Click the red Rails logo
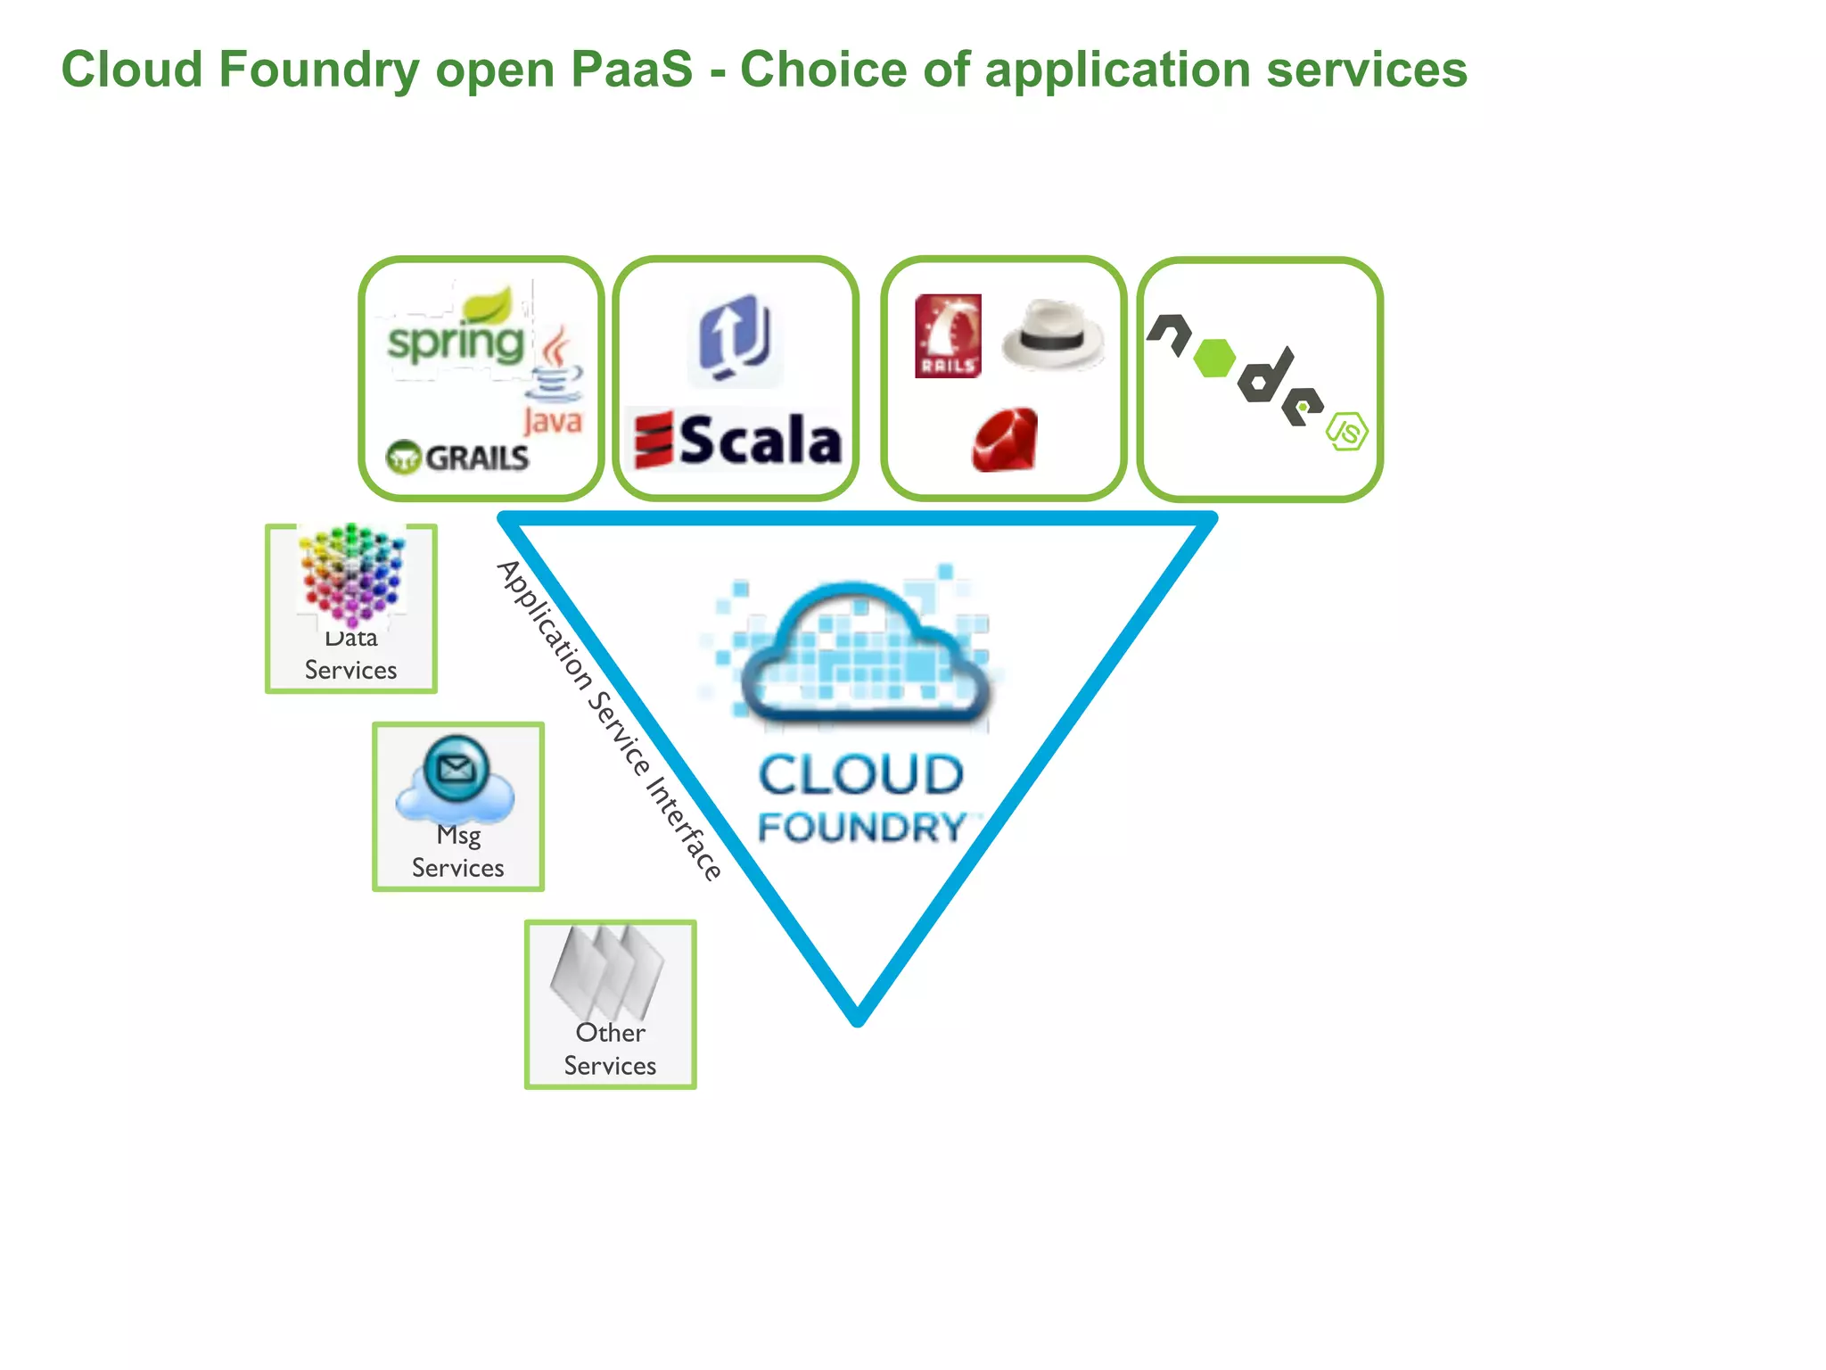pos(948,336)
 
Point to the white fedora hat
pos(1053,336)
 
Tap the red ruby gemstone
pos(1006,440)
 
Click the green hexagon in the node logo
pos(1213,358)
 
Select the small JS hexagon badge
pos(1346,432)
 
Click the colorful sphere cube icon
pos(351,574)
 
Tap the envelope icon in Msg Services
pos(456,768)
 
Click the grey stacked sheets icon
pos(608,971)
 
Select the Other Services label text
pos(610,1049)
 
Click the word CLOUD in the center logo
pos(861,774)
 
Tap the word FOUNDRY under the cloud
pos(861,827)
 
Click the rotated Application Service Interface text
pos(608,719)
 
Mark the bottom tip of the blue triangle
pos(858,1019)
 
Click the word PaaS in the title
pos(631,69)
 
